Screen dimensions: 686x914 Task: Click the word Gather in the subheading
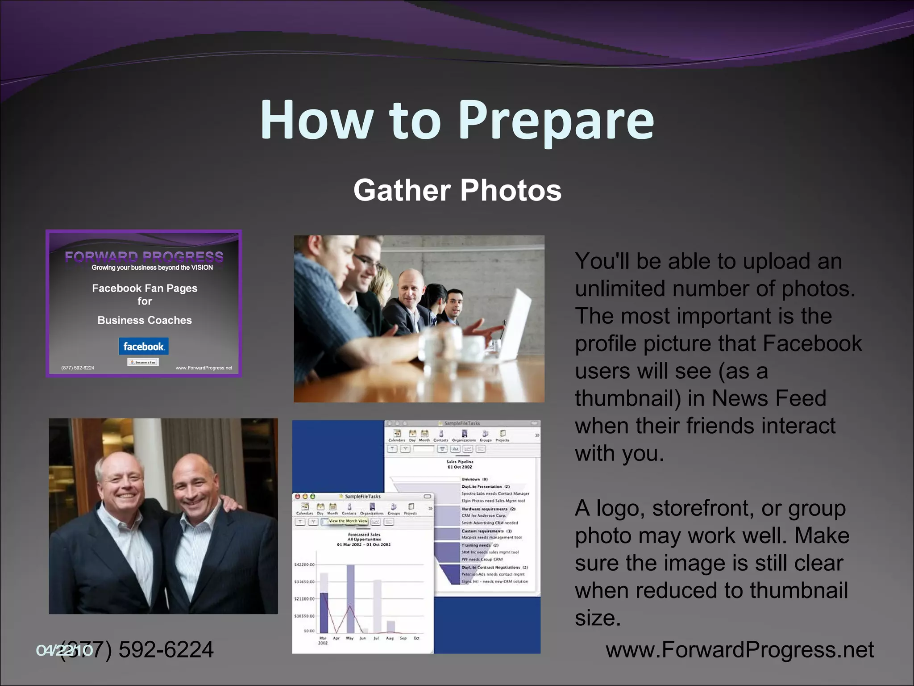pyautogui.click(x=402, y=191)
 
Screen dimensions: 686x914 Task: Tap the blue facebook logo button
pyautogui.click(x=143, y=347)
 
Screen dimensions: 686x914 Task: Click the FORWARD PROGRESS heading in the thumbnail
pyautogui.click(x=144, y=257)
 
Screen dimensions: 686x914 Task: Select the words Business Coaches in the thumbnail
pyautogui.click(x=145, y=320)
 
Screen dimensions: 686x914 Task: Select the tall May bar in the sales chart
pyautogui.click(x=350, y=598)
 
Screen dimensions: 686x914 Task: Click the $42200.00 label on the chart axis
pyautogui.click(x=304, y=565)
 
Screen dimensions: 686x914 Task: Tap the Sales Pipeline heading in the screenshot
pyautogui.click(x=460, y=462)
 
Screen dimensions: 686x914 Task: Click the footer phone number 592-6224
pyautogui.click(x=165, y=650)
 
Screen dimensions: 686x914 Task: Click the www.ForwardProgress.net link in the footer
pyautogui.click(x=740, y=650)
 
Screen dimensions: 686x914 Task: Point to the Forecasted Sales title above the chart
pyautogui.click(x=364, y=535)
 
